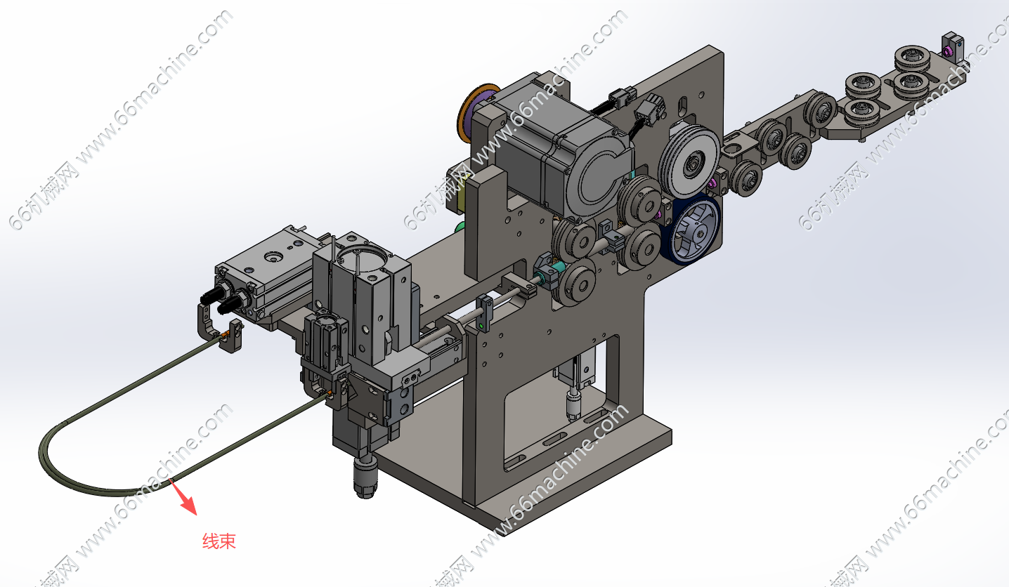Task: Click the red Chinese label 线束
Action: point(219,541)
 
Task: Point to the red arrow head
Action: point(190,506)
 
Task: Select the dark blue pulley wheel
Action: point(689,230)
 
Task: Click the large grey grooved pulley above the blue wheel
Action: point(689,161)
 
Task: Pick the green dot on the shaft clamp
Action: point(481,326)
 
